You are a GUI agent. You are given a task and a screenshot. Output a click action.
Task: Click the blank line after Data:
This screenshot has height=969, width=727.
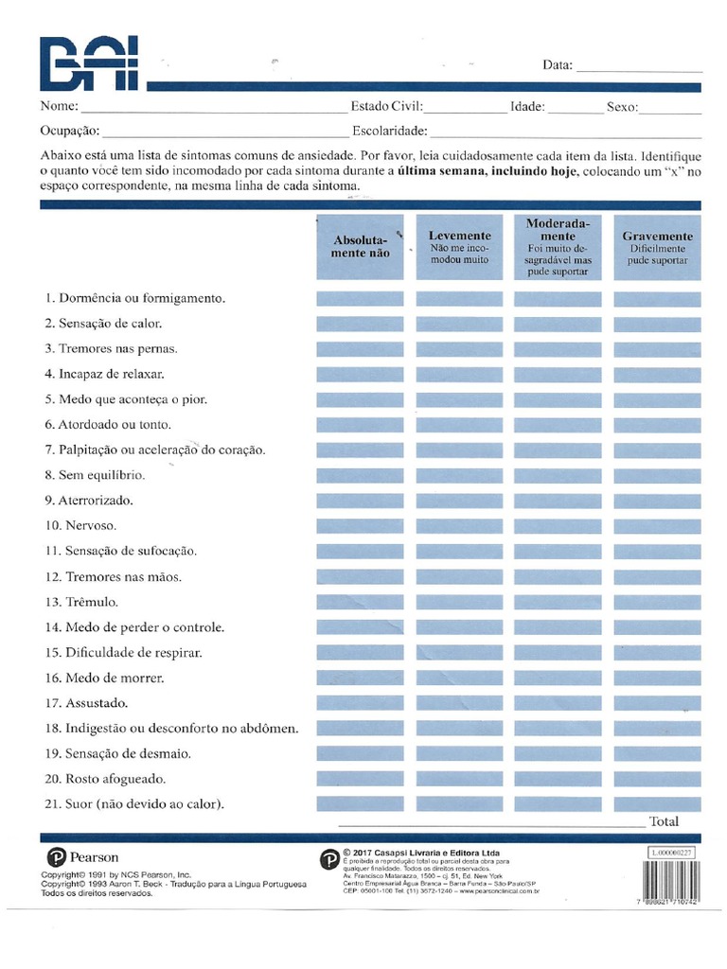[x=638, y=68]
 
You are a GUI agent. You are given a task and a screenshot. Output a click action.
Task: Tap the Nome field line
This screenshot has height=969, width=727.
[x=214, y=110]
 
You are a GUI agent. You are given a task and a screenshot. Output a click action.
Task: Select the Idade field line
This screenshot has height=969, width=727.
[x=575, y=110]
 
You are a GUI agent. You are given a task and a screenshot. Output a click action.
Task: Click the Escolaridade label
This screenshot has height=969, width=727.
[x=389, y=131]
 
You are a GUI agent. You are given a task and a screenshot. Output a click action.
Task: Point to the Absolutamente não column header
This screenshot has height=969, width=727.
[x=360, y=247]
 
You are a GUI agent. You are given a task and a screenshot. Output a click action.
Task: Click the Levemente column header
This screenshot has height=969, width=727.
[x=459, y=247]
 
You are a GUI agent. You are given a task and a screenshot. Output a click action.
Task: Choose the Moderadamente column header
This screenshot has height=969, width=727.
[x=558, y=247]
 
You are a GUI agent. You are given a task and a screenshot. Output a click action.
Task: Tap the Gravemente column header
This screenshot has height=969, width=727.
[x=657, y=247]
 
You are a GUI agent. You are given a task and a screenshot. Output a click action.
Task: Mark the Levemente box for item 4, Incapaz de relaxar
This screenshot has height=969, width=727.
[x=459, y=375]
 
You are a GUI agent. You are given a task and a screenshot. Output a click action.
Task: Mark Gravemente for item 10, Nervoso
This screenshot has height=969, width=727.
[x=657, y=526]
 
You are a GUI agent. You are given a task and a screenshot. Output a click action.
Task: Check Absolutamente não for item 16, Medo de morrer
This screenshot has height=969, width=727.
[x=360, y=678]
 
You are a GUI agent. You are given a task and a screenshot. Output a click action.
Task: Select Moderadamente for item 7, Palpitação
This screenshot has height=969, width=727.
[x=558, y=450]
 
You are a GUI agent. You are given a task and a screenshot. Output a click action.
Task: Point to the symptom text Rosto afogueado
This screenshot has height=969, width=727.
[x=115, y=779]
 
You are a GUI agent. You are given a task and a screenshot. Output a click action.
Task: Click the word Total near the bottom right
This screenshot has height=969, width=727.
[x=664, y=821]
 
